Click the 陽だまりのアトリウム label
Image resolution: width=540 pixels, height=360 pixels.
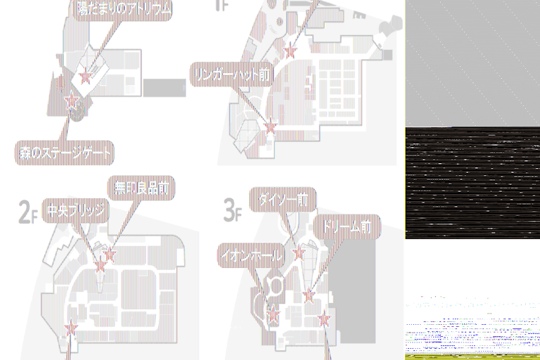pos(123,9)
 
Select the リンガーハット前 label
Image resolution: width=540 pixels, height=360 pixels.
pos(231,75)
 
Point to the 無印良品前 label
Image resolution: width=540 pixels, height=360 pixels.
pos(141,188)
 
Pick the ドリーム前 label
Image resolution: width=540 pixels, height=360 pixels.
pos(347,226)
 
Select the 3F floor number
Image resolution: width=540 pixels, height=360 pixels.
pos(233,210)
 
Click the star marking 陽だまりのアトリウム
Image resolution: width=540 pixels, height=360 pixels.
pos(86,77)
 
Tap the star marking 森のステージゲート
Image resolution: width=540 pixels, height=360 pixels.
pos(71,103)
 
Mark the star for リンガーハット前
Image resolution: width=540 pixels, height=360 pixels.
pos(271,127)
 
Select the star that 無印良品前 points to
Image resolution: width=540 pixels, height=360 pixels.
pos(109,254)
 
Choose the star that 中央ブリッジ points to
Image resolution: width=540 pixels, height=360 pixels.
pos(100,266)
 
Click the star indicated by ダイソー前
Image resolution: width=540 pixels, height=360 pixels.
pos(298,253)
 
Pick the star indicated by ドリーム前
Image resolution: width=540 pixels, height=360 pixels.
pos(309,295)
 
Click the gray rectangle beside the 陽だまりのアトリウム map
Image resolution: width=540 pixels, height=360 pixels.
pos(164,88)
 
